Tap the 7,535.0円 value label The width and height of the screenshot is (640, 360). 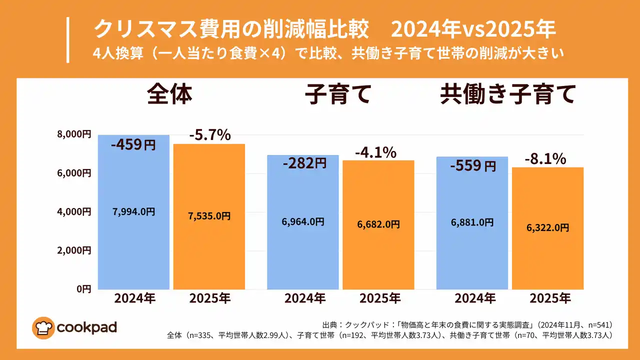(x=209, y=216)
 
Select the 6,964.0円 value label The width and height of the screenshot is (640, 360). (x=303, y=221)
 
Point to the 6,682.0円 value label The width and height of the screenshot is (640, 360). (x=378, y=224)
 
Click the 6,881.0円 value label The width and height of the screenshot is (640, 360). (x=472, y=222)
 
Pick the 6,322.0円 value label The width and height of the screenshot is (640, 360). (x=547, y=227)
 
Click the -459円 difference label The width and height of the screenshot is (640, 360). (x=133, y=145)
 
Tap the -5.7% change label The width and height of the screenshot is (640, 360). (x=209, y=134)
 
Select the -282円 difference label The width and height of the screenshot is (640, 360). (x=304, y=163)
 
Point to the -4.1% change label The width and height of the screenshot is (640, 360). (x=375, y=152)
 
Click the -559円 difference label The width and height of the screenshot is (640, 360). (x=472, y=165)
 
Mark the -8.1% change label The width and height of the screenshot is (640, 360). (x=545, y=159)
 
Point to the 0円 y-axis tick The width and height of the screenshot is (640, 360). (x=83, y=288)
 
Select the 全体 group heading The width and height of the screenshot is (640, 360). (x=169, y=95)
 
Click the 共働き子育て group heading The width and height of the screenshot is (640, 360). (x=508, y=95)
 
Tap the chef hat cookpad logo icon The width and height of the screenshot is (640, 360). (x=43, y=328)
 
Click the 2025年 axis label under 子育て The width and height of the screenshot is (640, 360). (x=380, y=298)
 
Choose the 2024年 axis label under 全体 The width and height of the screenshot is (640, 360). (x=134, y=298)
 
